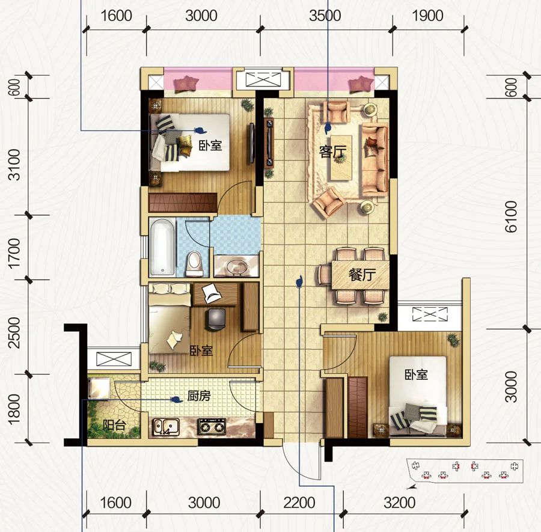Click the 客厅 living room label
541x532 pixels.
pyautogui.click(x=332, y=151)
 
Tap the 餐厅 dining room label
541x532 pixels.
pyautogui.click(x=362, y=275)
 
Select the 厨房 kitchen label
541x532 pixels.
pyautogui.click(x=199, y=396)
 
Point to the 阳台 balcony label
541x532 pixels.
pyautogui.click(x=114, y=425)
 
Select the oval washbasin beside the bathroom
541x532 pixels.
pyautogui.click(x=237, y=266)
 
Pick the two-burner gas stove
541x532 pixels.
pyautogui.click(x=212, y=426)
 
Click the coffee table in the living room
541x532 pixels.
pyautogui.click(x=341, y=158)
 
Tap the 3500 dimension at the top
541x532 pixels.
pyautogui.click(x=325, y=16)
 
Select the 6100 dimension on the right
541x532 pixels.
pyautogui.click(x=511, y=217)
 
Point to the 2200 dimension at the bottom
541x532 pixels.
pyautogui.click(x=299, y=503)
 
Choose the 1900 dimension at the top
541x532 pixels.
pyautogui.click(x=427, y=16)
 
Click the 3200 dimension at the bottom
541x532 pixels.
pyautogui.click(x=400, y=503)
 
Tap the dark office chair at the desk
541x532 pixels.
pyautogui.click(x=216, y=319)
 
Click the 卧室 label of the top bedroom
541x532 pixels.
pyautogui.click(x=210, y=145)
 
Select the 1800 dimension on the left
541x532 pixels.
pyautogui.click(x=15, y=409)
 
